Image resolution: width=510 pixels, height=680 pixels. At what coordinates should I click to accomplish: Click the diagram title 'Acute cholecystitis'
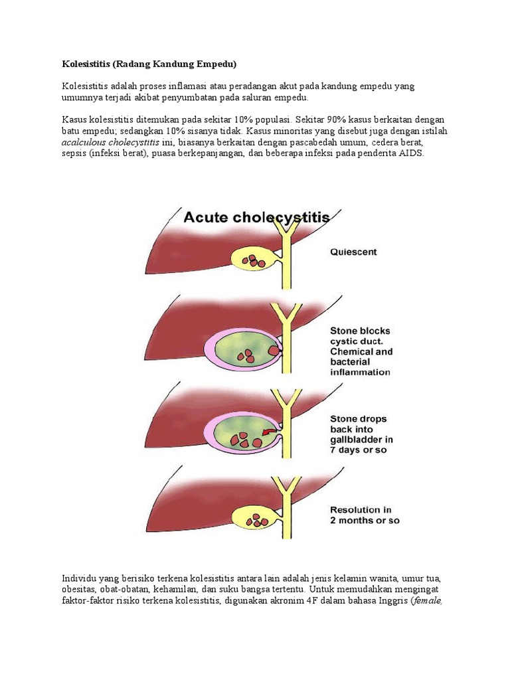click(x=256, y=217)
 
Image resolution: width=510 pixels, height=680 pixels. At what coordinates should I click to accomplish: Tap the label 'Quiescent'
click(x=353, y=252)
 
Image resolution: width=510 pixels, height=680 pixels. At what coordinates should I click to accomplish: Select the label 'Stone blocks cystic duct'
click(x=361, y=335)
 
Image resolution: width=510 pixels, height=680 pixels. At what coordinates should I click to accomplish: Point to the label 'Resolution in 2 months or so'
click(x=365, y=515)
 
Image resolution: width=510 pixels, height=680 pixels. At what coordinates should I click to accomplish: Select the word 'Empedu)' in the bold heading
click(x=216, y=64)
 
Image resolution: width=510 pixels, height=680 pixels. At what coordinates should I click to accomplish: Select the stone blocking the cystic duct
click(x=274, y=349)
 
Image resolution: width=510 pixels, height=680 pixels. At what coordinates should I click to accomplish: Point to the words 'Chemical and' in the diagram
click(x=361, y=351)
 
